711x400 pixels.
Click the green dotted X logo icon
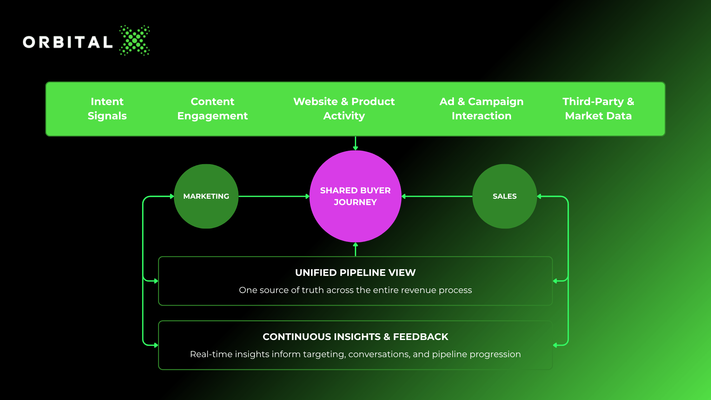[134, 40]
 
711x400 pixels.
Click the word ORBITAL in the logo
[68, 42]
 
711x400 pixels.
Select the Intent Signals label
[107, 109]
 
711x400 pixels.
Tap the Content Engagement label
[212, 109]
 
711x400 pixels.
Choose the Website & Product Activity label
[344, 109]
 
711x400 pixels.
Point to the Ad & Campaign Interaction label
[482, 109]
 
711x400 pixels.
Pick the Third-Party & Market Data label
[598, 109]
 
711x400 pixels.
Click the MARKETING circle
[206, 196]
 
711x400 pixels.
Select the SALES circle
[505, 196]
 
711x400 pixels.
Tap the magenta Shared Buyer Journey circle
[355, 196]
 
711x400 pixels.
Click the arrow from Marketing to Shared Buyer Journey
[274, 196]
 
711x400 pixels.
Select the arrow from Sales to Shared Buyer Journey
[437, 196]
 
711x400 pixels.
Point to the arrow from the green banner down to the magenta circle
[355, 143]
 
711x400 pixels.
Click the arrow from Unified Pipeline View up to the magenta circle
[355, 249]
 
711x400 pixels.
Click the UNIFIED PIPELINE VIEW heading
[355, 273]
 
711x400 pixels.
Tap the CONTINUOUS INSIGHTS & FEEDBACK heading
[355, 337]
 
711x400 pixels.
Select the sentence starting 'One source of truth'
[355, 290]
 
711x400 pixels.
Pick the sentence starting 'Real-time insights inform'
[355, 354]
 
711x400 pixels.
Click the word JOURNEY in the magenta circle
[355, 202]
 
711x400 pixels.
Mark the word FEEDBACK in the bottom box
[421, 337]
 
